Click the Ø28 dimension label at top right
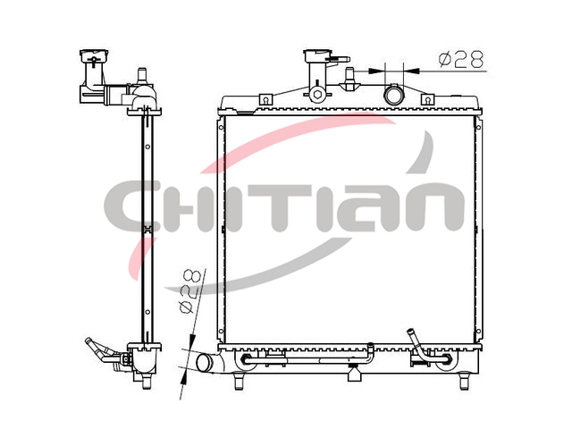(461, 60)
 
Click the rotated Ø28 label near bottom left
(190, 292)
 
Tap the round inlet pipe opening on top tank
(394, 95)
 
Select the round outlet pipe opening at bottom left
(205, 363)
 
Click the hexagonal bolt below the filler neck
(316, 95)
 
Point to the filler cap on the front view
(317, 55)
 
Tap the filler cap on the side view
(94, 55)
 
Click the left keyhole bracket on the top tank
(266, 99)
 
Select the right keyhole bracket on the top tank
(427, 99)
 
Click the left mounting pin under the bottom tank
(239, 381)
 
